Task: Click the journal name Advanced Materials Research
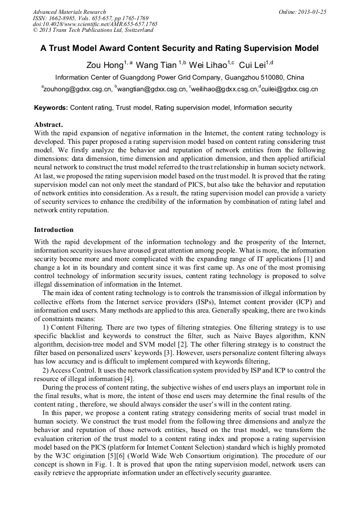pos(69,12)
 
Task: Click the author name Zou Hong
pos(105,65)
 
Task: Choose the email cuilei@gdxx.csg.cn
pos(289,89)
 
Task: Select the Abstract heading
pos(48,125)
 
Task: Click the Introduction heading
pos(54,230)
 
